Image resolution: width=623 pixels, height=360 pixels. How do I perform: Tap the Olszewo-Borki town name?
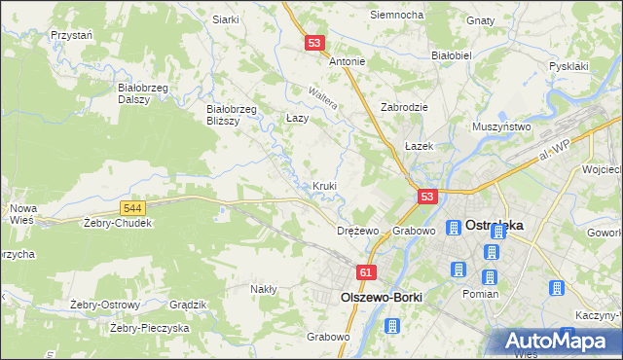[x=374, y=297]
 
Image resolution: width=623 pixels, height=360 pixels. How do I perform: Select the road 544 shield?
[x=134, y=208]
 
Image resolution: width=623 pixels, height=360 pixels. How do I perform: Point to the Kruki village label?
[x=325, y=186]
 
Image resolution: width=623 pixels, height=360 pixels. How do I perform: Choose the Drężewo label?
[x=356, y=232]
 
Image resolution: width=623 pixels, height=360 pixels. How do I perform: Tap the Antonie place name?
[x=347, y=61]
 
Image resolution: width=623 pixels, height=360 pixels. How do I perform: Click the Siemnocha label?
[x=396, y=16]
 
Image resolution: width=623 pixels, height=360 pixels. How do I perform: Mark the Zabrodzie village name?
[x=406, y=107]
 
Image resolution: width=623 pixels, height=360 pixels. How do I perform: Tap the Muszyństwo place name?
[x=500, y=126]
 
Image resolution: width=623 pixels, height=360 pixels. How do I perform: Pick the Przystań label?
[x=71, y=34]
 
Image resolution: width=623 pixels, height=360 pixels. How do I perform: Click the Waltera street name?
[x=322, y=99]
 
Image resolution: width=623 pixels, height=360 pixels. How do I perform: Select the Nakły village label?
[x=264, y=289]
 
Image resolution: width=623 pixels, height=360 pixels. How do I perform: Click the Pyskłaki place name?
[x=569, y=66]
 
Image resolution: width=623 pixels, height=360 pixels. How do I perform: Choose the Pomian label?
[x=481, y=294]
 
